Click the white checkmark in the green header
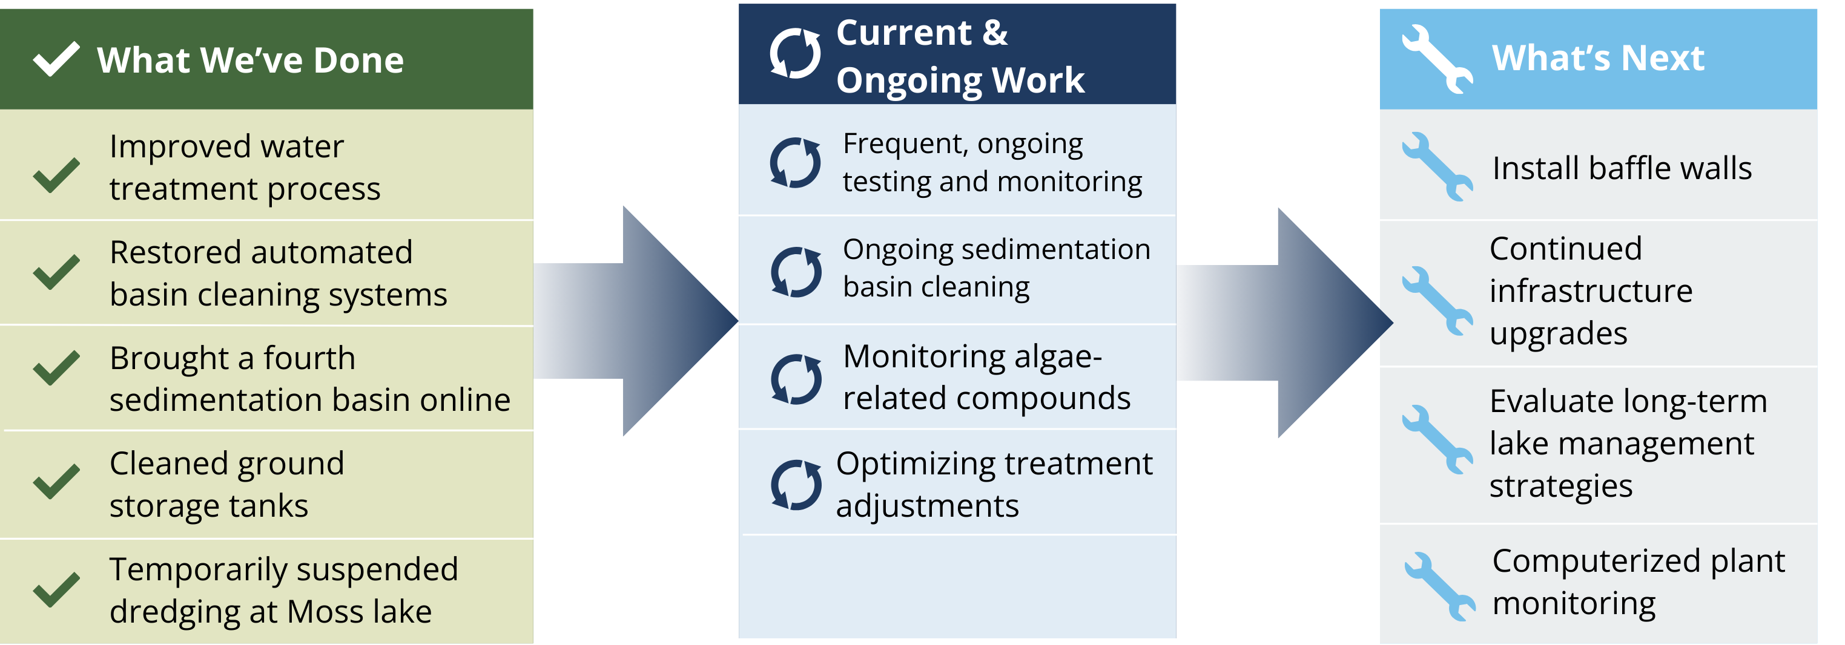(56, 59)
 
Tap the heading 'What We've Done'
(250, 60)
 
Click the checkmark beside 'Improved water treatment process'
(56, 175)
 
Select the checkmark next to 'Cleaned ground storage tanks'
(56, 481)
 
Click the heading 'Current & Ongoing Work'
(960, 56)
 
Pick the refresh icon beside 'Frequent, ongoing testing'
(795, 163)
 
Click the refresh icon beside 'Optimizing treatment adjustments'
(796, 485)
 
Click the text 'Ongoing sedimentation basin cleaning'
(995, 267)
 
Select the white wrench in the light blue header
(1437, 59)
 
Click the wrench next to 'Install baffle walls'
(1437, 167)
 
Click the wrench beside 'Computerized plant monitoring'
(1440, 586)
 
